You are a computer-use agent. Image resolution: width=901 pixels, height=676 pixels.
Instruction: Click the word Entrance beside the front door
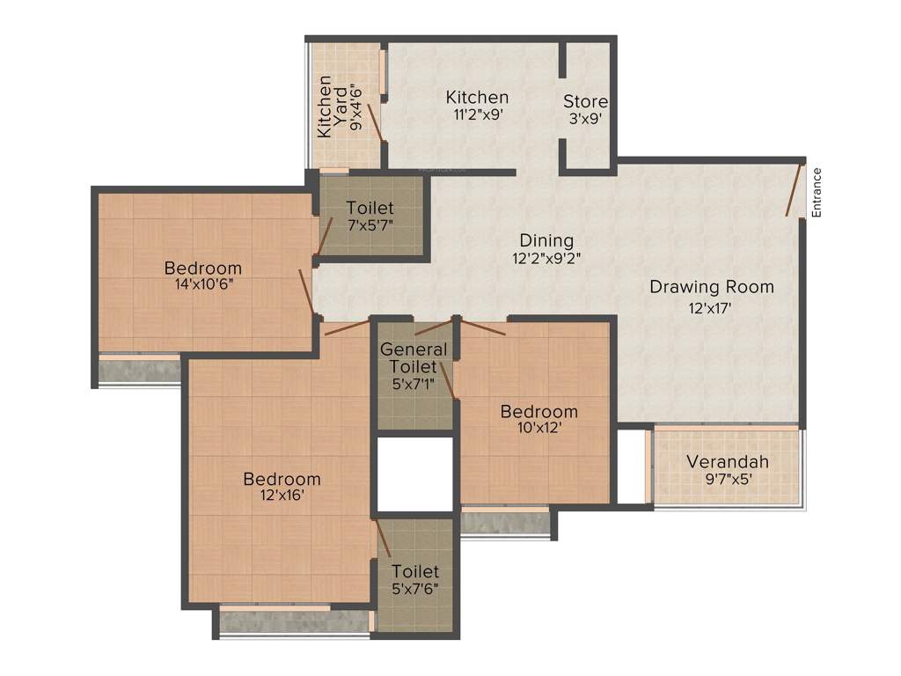click(817, 192)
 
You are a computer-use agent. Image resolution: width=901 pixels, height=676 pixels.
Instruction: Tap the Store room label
click(585, 102)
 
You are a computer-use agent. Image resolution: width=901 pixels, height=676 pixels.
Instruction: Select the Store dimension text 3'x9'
click(585, 118)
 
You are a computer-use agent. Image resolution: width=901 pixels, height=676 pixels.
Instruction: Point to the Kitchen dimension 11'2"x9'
click(476, 114)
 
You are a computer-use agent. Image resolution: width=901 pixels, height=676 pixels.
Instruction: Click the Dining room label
click(546, 240)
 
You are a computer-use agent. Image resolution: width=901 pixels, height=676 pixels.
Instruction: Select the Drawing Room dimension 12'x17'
click(711, 307)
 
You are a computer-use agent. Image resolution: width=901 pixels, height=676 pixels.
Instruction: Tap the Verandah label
click(728, 462)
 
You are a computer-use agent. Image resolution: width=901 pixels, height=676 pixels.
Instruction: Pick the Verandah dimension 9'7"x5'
click(728, 480)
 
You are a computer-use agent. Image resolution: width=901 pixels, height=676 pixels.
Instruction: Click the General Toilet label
click(414, 357)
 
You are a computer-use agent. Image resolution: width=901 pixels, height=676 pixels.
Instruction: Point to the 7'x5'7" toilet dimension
click(370, 226)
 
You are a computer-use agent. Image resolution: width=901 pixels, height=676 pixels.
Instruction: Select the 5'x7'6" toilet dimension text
click(415, 589)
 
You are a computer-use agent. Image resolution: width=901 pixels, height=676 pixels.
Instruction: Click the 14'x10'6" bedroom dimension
click(203, 284)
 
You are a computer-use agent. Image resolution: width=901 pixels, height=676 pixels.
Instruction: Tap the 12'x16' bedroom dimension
click(282, 496)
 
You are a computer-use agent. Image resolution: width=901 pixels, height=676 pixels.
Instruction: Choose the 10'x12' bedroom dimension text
click(538, 428)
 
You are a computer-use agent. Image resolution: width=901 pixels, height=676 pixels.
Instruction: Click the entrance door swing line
click(795, 188)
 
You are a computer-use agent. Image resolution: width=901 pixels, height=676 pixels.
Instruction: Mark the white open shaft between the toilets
click(414, 474)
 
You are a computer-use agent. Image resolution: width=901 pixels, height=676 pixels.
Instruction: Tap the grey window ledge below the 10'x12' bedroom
click(505, 523)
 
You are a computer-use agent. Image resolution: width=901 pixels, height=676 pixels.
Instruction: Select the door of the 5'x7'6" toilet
click(383, 538)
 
